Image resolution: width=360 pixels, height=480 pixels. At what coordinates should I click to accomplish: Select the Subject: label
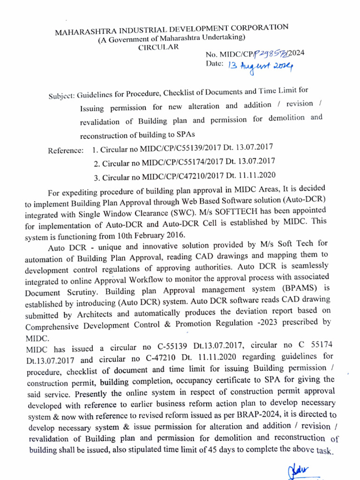[62, 96]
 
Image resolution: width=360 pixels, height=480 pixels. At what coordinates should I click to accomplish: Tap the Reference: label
[66, 151]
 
